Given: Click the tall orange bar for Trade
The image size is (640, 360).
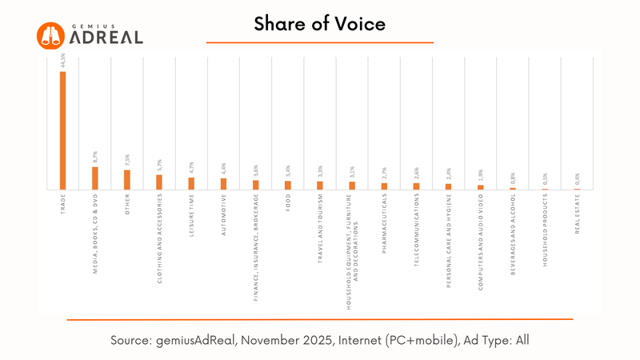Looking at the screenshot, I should [x=62, y=130].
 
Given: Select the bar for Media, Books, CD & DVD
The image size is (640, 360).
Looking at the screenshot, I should [x=94, y=178].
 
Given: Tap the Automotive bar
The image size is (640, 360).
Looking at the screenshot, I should [x=223, y=184].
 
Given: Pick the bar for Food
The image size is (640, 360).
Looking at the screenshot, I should [x=288, y=185].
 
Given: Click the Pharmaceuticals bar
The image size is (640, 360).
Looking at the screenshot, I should [x=384, y=186].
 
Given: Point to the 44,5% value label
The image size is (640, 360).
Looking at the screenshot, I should [x=63, y=60].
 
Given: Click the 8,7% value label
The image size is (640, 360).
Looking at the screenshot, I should [x=95, y=157].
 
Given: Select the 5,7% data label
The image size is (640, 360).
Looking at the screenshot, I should [x=159, y=165].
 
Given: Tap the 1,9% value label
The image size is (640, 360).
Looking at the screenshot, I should [x=480, y=176].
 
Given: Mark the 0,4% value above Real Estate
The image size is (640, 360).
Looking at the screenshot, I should [x=577, y=180].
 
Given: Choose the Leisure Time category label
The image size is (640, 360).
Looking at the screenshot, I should [x=192, y=216].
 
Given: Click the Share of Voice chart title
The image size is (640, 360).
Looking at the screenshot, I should [x=320, y=24].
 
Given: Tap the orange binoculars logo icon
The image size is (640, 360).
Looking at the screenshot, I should [x=50, y=34].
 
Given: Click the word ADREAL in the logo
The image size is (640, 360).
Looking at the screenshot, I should [x=106, y=38].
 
